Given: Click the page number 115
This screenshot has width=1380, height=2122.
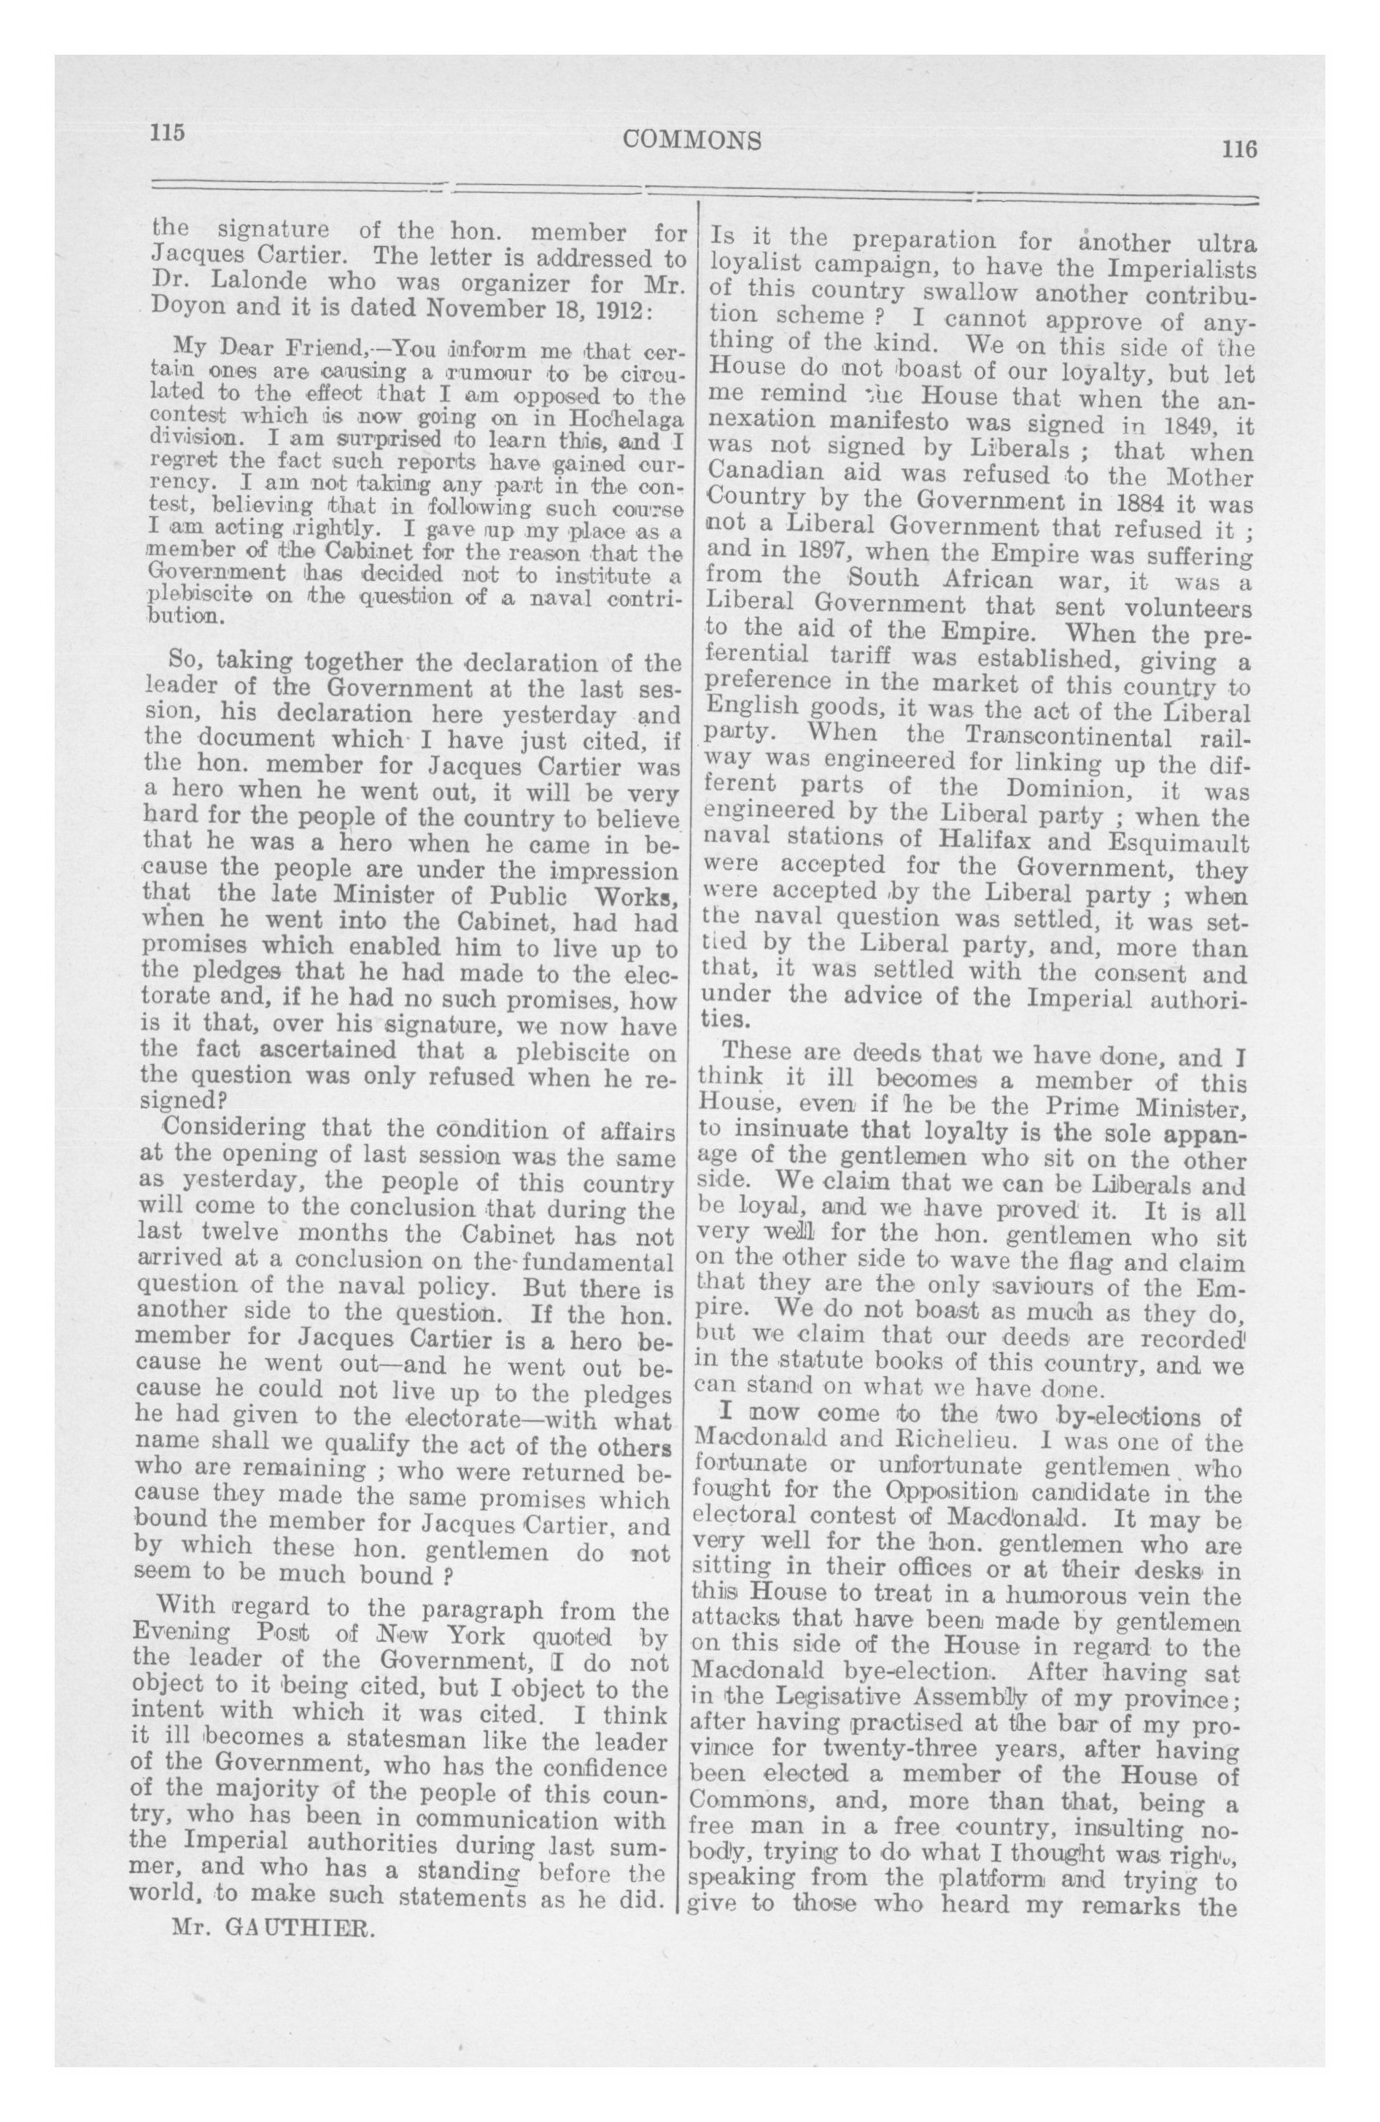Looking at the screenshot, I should click(x=168, y=132).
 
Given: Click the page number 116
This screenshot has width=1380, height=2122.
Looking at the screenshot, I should click(x=1239, y=148).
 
